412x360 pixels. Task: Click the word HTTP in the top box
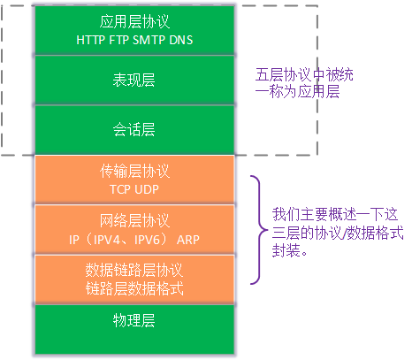pyautogui.click(x=90, y=40)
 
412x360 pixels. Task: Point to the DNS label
pyautogui.click(x=181, y=40)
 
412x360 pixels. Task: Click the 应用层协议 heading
pyautogui.click(x=134, y=21)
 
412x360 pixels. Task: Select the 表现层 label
pyautogui.click(x=134, y=80)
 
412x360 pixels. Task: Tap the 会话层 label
pyautogui.click(x=134, y=129)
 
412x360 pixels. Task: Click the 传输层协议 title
pyautogui.click(x=134, y=171)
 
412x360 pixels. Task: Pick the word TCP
pyautogui.click(x=119, y=189)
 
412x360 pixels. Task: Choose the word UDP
pyautogui.click(x=147, y=189)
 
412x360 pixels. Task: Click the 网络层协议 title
pyautogui.click(x=134, y=220)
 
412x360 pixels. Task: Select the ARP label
pyautogui.click(x=188, y=240)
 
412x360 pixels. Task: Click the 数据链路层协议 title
pyautogui.click(x=134, y=270)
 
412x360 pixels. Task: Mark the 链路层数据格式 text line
pyautogui.click(x=134, y=288)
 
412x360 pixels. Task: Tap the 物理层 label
pyautogui.click(x=134, y=320)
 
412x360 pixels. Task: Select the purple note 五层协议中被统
pyautogui.click(x=304, y=74)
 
